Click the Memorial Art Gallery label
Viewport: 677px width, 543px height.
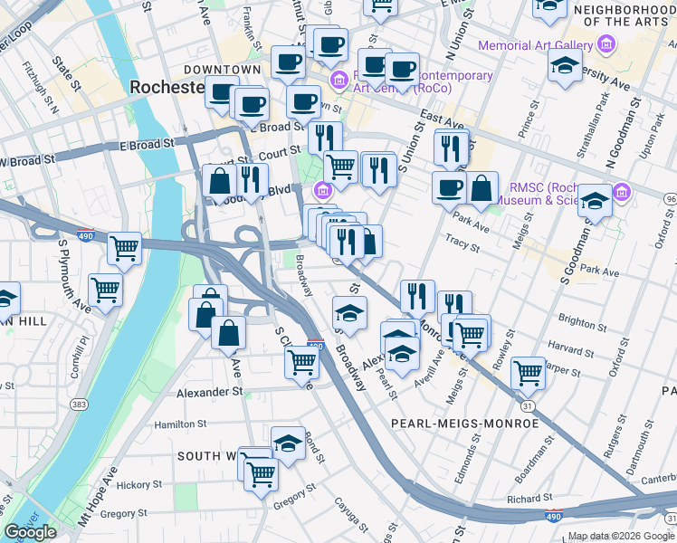click(536, 45)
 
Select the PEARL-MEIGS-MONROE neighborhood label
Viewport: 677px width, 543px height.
click(464, 423)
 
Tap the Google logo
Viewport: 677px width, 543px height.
click(30, 532)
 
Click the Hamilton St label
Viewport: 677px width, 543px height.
click(181, 423)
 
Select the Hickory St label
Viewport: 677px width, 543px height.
click(127, 485)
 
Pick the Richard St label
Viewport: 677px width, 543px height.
click(529, 498)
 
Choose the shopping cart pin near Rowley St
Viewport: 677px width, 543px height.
click(528, 372)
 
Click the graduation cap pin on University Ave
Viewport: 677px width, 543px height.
click(565, 67)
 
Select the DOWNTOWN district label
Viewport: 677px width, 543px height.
click(222, 70)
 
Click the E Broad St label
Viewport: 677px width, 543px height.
click(146, 145)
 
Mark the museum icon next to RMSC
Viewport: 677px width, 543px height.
click(621, 192)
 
